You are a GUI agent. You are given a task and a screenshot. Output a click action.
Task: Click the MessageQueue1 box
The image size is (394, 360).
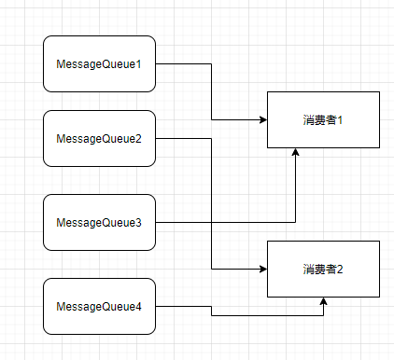(99, 63)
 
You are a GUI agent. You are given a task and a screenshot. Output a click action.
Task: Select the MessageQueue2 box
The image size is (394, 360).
(99, 138)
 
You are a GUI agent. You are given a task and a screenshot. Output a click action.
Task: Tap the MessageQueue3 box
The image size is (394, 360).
(99, 222)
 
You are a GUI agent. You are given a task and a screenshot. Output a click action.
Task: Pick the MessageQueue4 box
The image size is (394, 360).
(99, 306)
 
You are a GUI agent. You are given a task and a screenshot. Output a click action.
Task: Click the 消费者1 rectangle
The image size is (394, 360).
(323, 119)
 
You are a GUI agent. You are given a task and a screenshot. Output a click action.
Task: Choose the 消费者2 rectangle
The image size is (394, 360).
(323, 269)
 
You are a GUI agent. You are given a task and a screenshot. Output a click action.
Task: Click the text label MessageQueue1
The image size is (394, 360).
(99, 64)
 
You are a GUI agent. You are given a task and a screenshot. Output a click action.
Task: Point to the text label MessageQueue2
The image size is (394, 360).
(99, 139)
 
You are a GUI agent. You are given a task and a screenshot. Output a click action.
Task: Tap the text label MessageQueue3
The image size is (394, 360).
(99, 223)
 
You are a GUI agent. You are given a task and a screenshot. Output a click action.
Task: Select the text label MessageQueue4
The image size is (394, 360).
(99, 307)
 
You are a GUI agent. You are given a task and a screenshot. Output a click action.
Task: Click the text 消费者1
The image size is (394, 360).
(323, 120)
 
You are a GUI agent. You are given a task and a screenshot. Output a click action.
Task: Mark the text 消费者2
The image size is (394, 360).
(323, 270)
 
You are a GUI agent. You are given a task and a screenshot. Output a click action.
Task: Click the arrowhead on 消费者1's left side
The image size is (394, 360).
(263, 119)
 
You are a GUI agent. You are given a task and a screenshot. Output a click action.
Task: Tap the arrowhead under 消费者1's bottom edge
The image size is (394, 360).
(295, 152)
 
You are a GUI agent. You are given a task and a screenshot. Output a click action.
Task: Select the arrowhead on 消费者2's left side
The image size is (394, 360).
(263, 269)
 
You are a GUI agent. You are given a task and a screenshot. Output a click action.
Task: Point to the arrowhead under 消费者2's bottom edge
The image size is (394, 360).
(323, 301)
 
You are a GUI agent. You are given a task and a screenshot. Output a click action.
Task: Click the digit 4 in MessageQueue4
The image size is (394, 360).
(138, 307)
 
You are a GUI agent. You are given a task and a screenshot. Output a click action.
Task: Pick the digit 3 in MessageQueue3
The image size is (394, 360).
(138, 223)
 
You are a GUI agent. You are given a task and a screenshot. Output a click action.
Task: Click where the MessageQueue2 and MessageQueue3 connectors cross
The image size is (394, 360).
(211, 222)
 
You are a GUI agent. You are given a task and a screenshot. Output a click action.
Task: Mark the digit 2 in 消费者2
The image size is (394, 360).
(340, 270)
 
